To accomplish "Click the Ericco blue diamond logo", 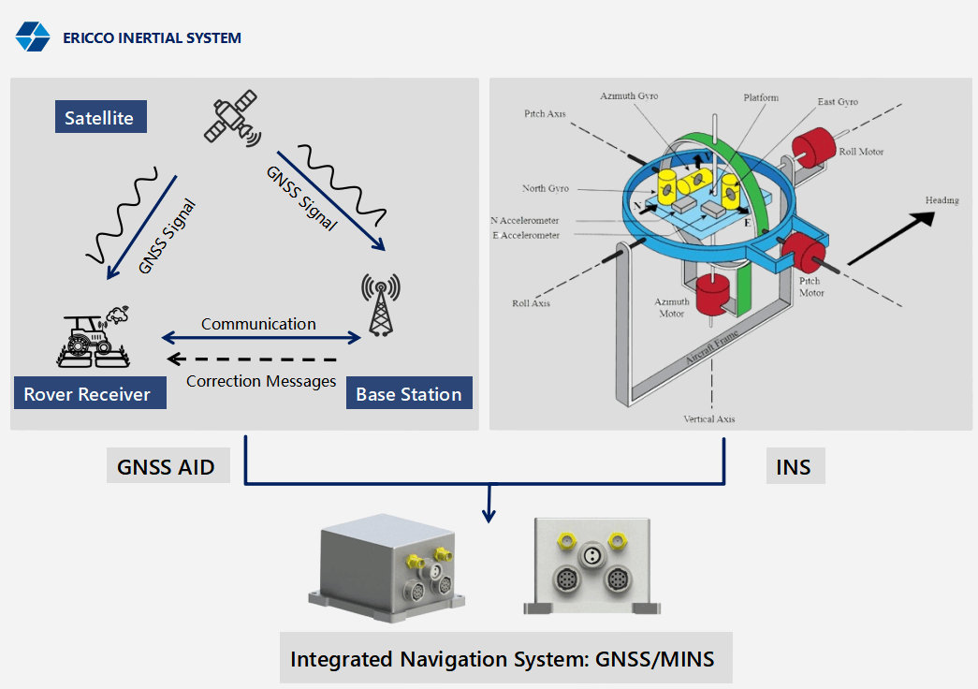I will coord(33,37).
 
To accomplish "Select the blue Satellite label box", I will coord(99,118).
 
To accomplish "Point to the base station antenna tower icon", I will coord(380,305).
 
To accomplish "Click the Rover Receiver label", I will coord(88,394).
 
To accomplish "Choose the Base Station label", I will coord(409,394).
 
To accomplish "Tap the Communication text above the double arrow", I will coord(258,324).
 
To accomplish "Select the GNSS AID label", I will coord(167,467).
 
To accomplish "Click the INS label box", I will coord(794,467).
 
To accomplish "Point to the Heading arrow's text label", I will coord(942,200).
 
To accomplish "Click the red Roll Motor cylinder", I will coord(813,146).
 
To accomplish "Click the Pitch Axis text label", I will coord(546,113).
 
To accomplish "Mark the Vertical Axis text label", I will coord(709,418).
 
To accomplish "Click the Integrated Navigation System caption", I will coord(503,659).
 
